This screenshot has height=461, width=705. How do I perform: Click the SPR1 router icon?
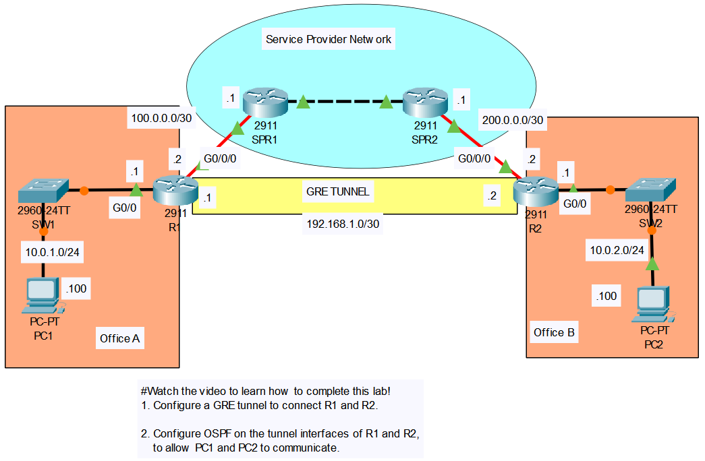[265, 102]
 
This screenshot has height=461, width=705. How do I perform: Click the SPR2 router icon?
[425, 102]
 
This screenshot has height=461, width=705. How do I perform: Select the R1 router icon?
[175, 191]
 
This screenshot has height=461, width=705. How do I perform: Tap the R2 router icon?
[536, 191]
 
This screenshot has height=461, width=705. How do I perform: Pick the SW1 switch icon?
[43, 191]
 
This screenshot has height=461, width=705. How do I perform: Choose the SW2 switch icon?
[650, 189]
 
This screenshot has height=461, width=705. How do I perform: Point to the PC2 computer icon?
[653, 304]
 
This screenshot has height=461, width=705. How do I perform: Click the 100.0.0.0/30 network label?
[161, 118]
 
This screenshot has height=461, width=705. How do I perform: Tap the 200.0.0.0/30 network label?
[513, 120]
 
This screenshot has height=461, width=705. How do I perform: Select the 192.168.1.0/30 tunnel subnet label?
[343, 224]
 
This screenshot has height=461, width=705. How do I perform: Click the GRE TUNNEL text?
[338, 191]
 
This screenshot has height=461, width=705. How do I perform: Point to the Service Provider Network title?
[329, 39]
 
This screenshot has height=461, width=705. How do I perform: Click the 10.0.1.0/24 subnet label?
[52, 252]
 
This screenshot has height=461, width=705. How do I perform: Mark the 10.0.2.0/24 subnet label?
[617, 250]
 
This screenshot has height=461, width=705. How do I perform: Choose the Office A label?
[119, 338]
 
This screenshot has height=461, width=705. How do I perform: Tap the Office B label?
[554, 332]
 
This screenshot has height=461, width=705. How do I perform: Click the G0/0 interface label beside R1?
[125, 208]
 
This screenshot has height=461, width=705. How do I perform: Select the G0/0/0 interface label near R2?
[474, 158]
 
